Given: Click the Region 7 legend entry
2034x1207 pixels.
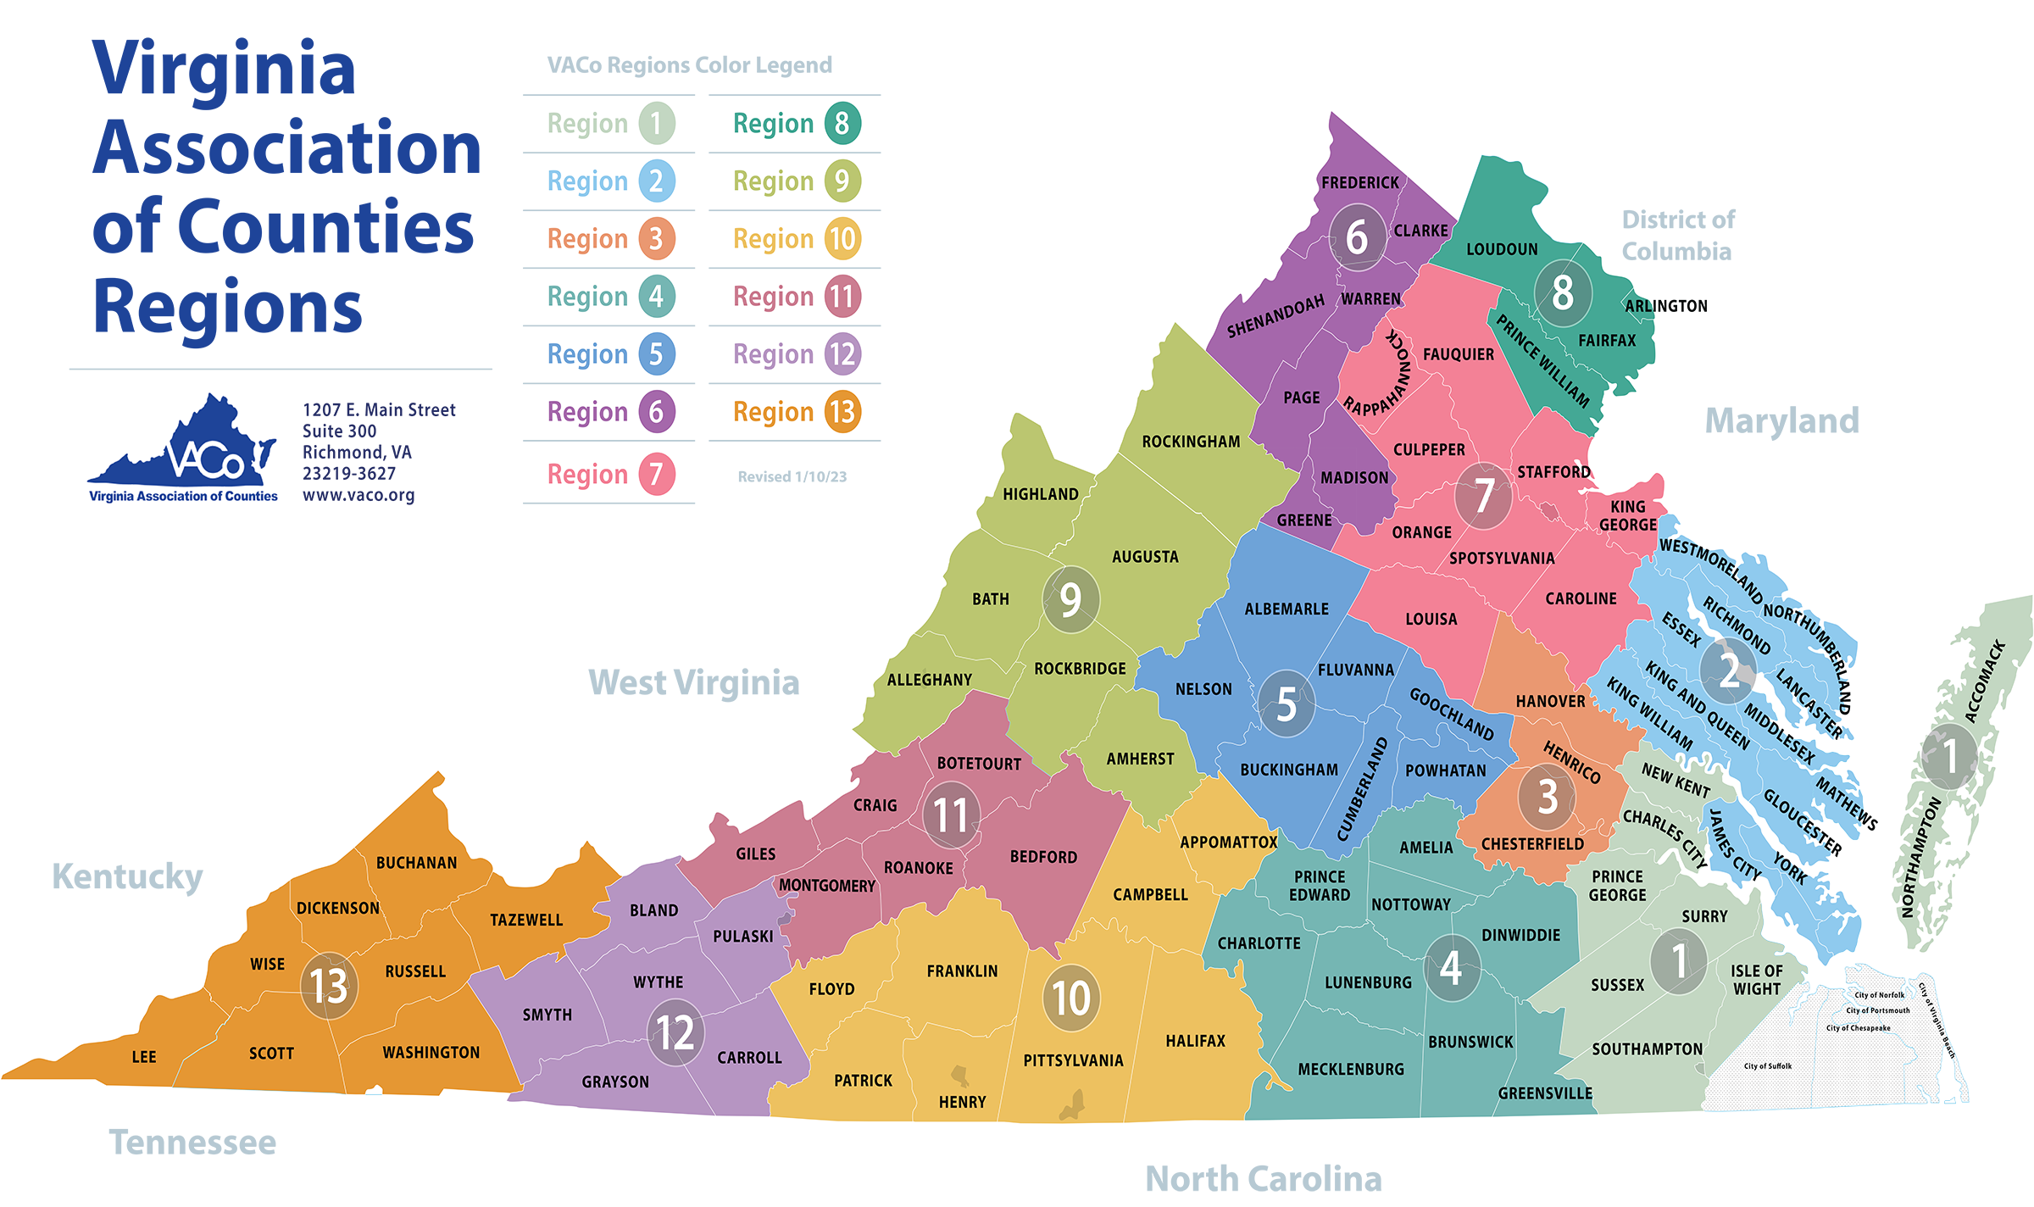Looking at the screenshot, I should click(611, 474).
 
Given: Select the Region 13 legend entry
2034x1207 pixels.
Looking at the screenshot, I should click(797, 412).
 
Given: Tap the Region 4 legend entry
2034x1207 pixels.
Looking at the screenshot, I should click(611, 297).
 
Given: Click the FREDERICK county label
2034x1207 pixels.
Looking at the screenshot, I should click(1359, 182).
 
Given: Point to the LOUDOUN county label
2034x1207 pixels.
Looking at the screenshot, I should click(1502, 249).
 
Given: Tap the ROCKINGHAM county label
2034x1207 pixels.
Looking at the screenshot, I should click(1191, 442).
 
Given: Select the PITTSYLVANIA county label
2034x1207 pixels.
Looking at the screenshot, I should click(1073, 1060).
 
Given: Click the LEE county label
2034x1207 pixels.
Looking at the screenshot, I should click(144, 1057).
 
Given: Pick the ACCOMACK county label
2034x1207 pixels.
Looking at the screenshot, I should click(1985, 681).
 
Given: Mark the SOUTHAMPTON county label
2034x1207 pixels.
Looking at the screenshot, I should click(1647, 1049).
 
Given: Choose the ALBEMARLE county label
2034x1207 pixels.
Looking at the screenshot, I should click(1287, 609).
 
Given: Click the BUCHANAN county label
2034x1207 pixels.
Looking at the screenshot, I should click(416, 863).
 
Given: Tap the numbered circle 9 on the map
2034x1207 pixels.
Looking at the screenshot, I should click(1070, 600).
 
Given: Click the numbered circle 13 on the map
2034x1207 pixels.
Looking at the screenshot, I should click(329, 985).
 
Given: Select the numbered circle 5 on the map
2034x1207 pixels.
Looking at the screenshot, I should click(1286, 704).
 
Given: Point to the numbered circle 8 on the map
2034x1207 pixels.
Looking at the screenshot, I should click(1563, 293).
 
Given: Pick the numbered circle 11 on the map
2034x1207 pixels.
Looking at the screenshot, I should click(951, 815).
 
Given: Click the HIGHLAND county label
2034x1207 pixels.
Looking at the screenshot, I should click(1041, 494).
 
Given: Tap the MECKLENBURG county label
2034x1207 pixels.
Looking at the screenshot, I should click(1351, 1070).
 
